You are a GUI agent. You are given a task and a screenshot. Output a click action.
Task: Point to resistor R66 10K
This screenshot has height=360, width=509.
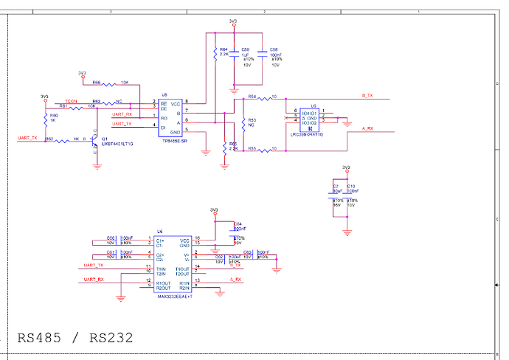coord(111,83)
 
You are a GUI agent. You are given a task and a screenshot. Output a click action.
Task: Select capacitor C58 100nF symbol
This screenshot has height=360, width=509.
coord(263,54)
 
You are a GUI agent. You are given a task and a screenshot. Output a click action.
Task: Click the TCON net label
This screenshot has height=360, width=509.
coord(71,100)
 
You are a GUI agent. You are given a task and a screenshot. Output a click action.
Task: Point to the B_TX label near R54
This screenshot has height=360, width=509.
coord(367,96)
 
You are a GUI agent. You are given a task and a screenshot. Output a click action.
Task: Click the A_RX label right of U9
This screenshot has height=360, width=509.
coord(367,129)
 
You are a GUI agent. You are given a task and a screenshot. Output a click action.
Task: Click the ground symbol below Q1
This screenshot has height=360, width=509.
coord(97,166)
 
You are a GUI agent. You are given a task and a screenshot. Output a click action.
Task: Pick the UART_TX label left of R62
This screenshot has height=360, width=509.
coord(27,138)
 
